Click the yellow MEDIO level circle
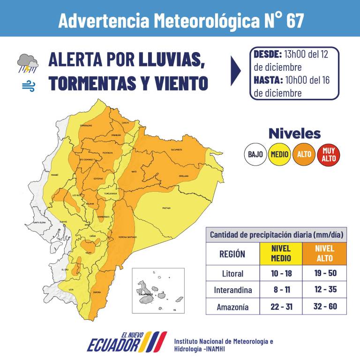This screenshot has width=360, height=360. pyautogui.click(x=279, y=154)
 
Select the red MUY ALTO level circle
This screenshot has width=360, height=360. pyautogui.click(x=329, y=154)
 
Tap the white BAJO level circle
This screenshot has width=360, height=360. pyautogui.click(x=255, y=154)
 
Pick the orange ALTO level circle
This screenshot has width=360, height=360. pyautogui.click(x=304, y=154)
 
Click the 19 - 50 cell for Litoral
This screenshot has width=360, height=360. pyautogui.click(x=325, y=273)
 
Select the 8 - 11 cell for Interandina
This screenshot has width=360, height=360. pyautogui.click(x=281, y=290)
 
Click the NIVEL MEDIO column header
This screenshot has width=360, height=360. pyautogui.click(x=281, y=254)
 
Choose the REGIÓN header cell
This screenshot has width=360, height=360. pyautogui.click(x=232, y=254)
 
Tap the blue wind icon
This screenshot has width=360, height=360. pyautogui.click(x=28, y=86)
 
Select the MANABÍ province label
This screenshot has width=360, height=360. pyautogui.click(x=54, y=174)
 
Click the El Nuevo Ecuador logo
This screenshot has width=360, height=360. pyautogui.click(x=127, y=342)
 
